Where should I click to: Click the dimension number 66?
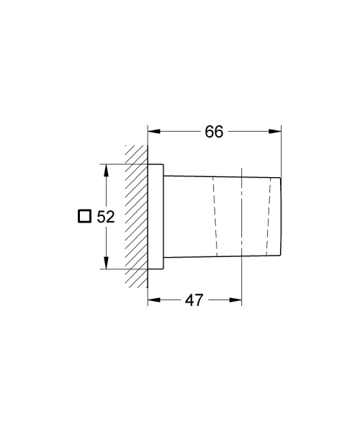214,131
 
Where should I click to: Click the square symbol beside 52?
84,217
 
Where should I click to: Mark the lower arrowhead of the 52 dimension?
107,264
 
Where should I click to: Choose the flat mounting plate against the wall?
156,216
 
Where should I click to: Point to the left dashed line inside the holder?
215,216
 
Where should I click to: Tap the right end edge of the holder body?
279,216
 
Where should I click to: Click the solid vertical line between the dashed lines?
243,216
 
